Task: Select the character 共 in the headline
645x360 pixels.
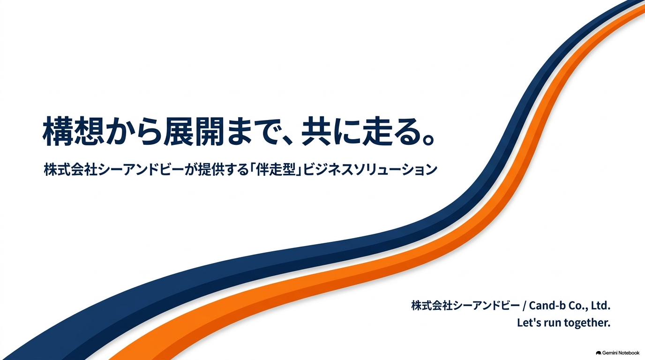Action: pyautogui.click(x=316, y=131)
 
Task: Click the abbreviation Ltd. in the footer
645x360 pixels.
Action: pyautogui.click(x=600, y=306)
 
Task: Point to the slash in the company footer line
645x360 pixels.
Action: pyautogui.click(x=525, y=306)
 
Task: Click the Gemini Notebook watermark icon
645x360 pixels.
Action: pyautogui.click(x=599, y=353)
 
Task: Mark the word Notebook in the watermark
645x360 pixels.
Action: pyautogui.click(x=630, y=353)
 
